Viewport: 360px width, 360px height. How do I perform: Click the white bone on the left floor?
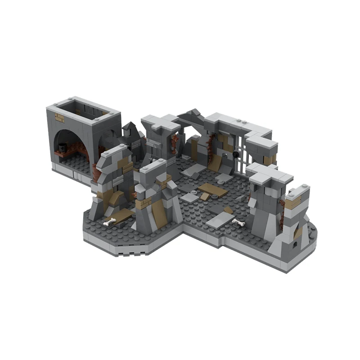109,221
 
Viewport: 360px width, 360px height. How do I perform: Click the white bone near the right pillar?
238,222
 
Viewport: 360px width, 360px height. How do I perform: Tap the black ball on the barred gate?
235,155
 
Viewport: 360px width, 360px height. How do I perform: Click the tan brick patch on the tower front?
60,118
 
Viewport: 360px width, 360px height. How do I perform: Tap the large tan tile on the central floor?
212,189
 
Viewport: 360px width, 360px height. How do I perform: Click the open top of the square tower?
83,110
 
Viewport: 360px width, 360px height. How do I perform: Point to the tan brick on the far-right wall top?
293,204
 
